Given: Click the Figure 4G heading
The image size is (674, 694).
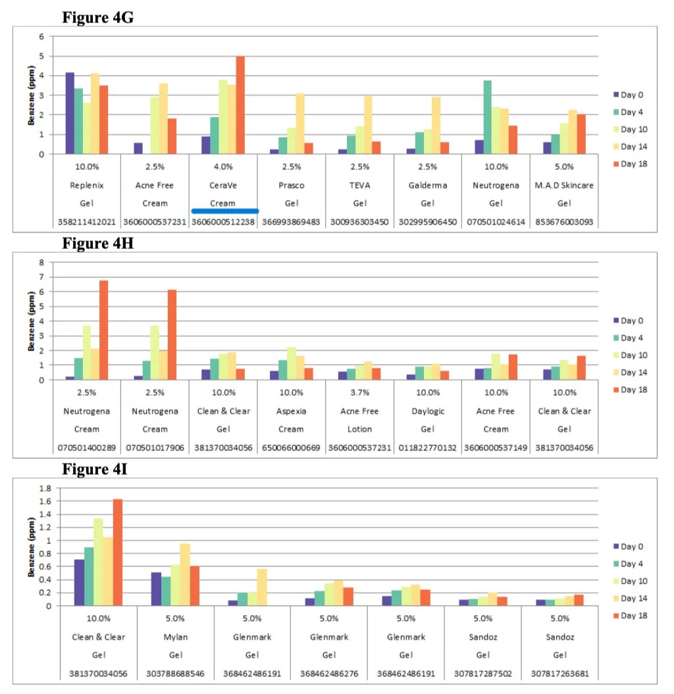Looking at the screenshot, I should [98, 17].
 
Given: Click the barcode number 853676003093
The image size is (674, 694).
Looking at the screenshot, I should [565, 222].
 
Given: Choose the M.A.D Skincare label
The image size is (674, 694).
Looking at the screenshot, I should [565, 185].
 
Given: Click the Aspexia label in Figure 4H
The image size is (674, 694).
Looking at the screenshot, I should [291, 411].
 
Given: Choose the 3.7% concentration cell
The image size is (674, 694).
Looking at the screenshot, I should [359, 393].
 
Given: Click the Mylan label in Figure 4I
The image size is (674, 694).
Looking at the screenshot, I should [175, 637].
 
